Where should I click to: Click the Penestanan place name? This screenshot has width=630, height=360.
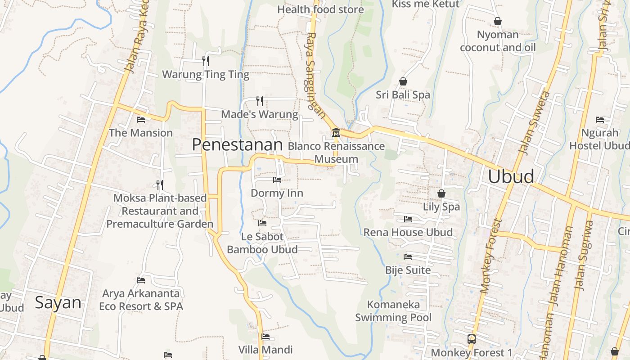click(237, 144)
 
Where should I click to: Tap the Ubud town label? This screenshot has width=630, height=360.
click(511, 176)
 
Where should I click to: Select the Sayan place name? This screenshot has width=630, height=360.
click(58, 302)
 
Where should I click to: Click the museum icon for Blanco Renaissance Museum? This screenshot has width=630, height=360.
click(336, 133)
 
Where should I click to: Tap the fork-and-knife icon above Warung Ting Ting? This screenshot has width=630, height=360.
click(206, 61)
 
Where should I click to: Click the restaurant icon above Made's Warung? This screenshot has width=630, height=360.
click(260, 101)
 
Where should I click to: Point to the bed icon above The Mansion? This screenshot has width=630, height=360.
click(141, 120)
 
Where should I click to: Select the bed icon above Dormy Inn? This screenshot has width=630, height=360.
click(277, 180)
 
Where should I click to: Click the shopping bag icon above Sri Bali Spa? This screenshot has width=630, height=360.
click(403, 81)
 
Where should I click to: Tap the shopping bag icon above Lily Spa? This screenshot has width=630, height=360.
click(441, 193)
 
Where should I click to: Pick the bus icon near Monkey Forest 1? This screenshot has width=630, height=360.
click(472, 339)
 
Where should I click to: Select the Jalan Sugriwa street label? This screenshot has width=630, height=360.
click(584, 255)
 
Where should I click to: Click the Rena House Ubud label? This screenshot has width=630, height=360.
click(408, 232)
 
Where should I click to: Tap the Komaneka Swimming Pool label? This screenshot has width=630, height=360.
click(393, 311)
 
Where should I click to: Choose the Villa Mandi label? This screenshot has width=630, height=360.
click(265, 349)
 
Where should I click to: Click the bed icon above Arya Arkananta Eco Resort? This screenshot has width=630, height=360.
click(141, 280)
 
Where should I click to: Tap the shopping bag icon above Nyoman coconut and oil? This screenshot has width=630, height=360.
click(498, 21)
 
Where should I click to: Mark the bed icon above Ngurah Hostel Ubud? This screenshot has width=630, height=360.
click(600, 120)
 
